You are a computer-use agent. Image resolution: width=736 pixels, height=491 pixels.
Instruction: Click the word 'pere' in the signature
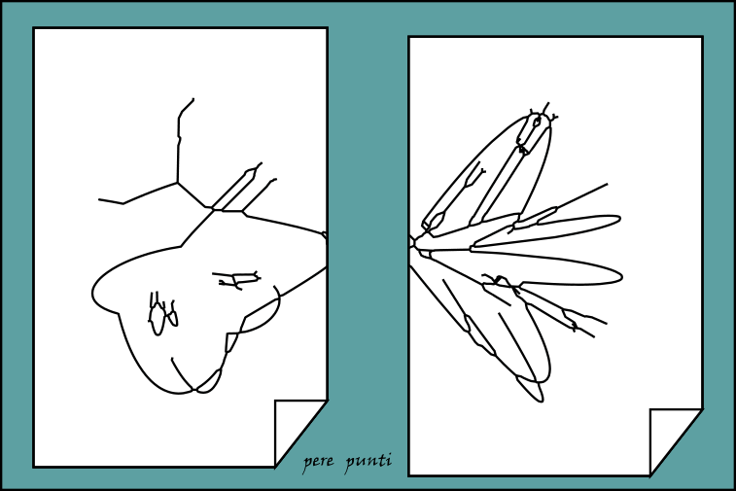coord(318,462)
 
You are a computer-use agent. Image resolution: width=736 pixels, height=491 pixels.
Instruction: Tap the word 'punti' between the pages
coord(368,461)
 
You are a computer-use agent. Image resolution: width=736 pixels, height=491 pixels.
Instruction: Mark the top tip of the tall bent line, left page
coord(193,99)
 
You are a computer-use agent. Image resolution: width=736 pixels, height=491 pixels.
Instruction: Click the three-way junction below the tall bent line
coord(177,182)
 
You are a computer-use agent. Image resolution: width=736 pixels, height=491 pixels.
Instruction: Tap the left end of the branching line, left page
coord(99,199)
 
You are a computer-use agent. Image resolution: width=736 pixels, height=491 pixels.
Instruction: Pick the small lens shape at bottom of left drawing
coord(209,382)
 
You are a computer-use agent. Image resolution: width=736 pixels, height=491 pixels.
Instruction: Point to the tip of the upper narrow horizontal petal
coord(620,220)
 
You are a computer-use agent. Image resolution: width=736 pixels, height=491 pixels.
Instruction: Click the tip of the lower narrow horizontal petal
coord(622,277)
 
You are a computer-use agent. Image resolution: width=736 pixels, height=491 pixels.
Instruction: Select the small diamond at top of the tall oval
coord(537,123)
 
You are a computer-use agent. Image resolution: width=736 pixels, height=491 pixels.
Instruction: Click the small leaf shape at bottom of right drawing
coord(531,388)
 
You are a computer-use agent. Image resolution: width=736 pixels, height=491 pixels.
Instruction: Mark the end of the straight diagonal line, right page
coord(607,184)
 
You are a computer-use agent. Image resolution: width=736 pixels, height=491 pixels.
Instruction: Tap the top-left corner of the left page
coord(34,28)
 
